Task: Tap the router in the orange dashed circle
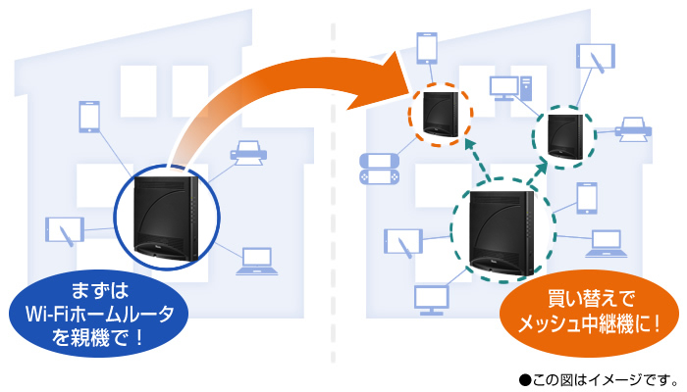point(440,114)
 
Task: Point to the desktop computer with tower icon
point(509,88)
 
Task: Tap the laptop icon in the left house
point(255,261)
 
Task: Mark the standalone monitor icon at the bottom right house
point(431,298)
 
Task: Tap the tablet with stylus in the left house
point(65,231)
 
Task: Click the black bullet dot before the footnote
point(524,377)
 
